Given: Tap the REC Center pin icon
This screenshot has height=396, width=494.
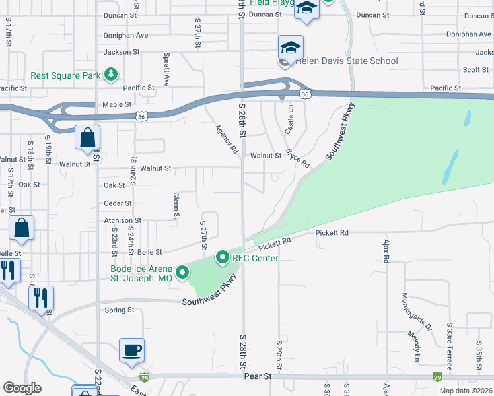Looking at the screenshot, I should click(x=223, y=257).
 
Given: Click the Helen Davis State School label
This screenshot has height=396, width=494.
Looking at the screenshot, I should click(x=347, y=61).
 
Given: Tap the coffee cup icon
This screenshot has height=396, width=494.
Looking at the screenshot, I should click(x=132, y=350).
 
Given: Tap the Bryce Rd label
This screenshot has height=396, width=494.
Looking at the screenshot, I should click(x=298, y=158).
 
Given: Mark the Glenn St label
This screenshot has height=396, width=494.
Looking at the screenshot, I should click(x=176, y=205).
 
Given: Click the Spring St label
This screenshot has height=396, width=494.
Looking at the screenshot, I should click(x=120, y=309).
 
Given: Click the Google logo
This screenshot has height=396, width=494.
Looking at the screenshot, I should click(x=22, y=389).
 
